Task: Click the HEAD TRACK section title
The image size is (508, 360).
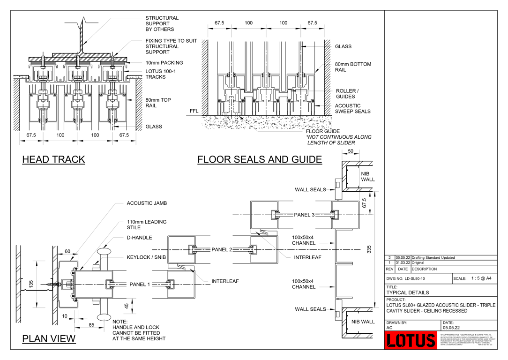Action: click(53, 159)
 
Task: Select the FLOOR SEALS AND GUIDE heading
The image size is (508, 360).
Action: click(259, 159)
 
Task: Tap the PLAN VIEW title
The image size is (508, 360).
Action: click(49, 338)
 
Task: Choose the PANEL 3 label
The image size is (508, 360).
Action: click(304, 215)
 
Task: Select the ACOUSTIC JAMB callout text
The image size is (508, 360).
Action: click(147, 203)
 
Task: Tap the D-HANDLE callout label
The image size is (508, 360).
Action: click(139, 238)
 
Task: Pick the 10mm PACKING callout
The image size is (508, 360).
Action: click(164, 63)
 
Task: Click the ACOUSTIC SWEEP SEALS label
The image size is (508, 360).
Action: click(352, 109)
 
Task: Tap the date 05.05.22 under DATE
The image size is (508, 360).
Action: click(451, 328)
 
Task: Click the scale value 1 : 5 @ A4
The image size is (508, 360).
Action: click(481, 278)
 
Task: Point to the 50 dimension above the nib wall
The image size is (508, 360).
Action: click(350, 151)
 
